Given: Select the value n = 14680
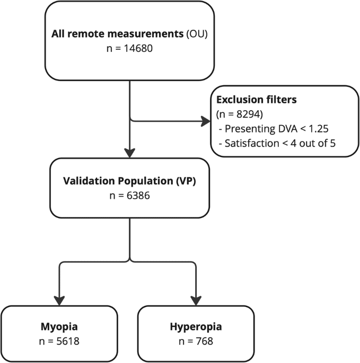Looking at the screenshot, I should point(130,49).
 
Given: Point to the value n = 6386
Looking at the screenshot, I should point(130,194).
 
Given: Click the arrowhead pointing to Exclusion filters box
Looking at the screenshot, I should point(206,122).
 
